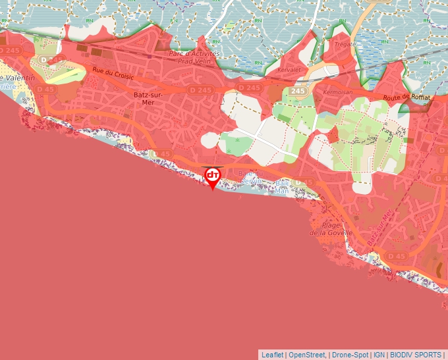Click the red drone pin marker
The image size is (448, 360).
212,176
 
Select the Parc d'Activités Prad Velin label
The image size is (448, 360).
194,57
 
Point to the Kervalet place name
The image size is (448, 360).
289,69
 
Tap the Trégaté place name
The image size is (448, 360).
344,44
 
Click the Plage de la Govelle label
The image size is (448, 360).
331,228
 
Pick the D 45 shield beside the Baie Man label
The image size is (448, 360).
304,182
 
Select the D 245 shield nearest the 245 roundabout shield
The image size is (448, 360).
248,88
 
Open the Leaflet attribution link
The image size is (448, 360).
273,355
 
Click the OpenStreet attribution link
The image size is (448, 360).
307,355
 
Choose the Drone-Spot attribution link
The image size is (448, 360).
349,355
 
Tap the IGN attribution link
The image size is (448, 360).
379,355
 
